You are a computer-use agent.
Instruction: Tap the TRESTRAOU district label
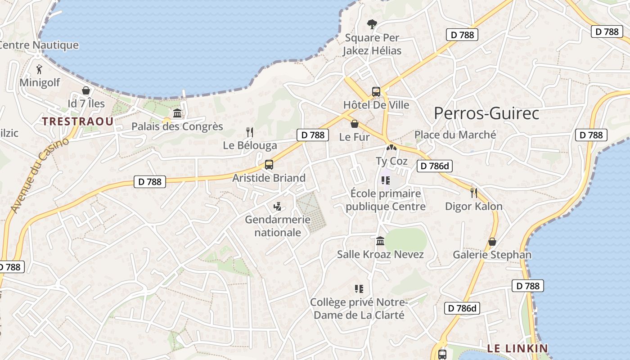coord(78,121)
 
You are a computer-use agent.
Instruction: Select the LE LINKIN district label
coord(517,348)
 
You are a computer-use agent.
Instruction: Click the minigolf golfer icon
coord(40,69)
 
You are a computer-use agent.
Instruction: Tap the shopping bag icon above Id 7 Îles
coord(86,90)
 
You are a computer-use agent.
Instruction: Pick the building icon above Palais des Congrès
coord(177,113)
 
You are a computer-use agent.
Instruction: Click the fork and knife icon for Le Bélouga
coord(250,132)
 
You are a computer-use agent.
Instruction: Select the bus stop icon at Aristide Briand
coord(269,165)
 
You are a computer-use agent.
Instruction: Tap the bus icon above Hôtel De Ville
coord(376,92)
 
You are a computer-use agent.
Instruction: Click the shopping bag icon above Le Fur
coord(355,124)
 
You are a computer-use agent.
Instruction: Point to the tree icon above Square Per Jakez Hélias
coord(372,24)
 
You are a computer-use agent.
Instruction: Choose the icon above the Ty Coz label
coord(391,147)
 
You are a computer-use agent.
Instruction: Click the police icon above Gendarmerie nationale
coord(278,207)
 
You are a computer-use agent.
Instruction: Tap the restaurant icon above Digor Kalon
coord(473,193)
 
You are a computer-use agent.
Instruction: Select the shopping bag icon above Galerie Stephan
coord(492,242)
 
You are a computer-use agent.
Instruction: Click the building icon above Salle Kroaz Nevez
coord(380,241)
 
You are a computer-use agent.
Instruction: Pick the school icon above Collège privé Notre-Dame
coord(359,288)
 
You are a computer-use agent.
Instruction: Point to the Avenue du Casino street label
coord(40,175)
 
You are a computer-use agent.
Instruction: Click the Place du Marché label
coord(455,135)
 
